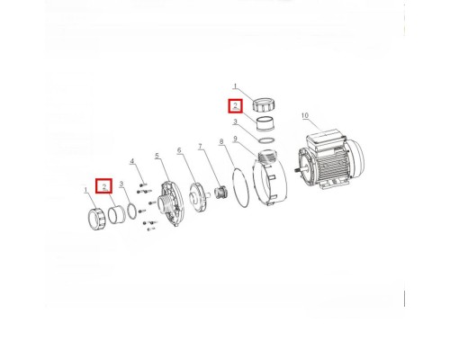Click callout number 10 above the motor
coord(305,115)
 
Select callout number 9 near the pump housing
coord(235,139)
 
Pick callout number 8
coord(221,141)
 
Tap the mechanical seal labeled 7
coord(221,193)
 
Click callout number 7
coord(200,147)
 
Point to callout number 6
coord(179,150)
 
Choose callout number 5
coord(157,156)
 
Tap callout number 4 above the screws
coord(132,161)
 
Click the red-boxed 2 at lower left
coord(103,186)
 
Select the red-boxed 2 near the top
coord(236,105)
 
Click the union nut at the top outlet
coord(262,104)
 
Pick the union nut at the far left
coord(97,219)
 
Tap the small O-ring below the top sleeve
coord(265,140)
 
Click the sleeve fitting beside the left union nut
coord(116,214)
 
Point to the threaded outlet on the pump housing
coord(265,156)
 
